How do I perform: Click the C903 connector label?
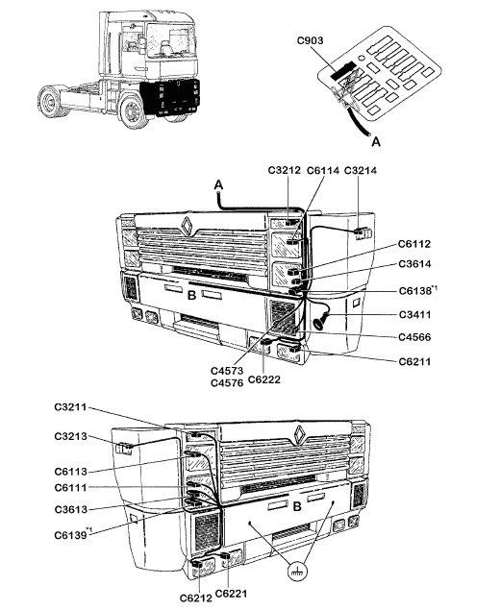click(310, 40)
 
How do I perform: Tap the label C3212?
click(285, 170)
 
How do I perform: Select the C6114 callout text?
click(323, 170)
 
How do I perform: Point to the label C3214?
click(361, 170)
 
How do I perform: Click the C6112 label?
click(414, 244)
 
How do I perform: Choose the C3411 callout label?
click(415, 314)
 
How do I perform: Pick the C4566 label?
click(414, 337)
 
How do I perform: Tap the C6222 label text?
click(263, 379)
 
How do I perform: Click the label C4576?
click(227, 383)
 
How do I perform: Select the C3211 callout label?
click(70, 407)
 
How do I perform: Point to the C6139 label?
click(70, 535)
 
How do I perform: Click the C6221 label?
click(231, 594)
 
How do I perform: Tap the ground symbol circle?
click(297, 572)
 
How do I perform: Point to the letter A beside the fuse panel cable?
click(376, 141)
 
